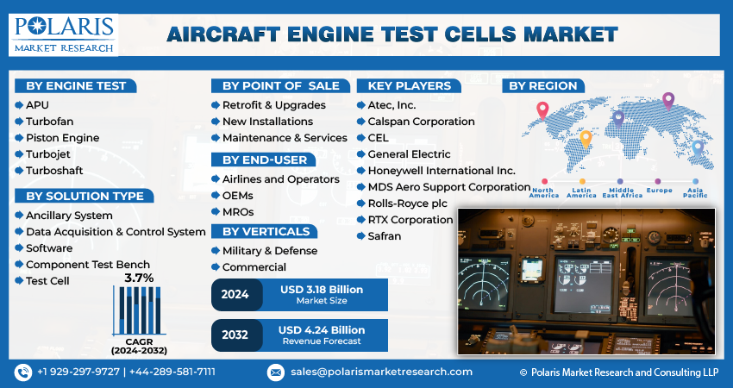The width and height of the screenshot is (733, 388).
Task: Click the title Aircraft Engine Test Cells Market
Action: click(x=392, y=34)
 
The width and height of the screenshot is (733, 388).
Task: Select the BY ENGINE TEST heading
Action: click(x=76, y=85)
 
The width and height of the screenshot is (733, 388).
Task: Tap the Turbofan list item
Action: click(x=50, y=121)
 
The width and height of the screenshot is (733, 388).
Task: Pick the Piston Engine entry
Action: click(x=62, y=138)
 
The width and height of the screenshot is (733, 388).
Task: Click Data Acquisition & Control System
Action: click(x=116, y=231)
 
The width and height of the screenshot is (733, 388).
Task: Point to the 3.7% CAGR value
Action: click(x=139, y=278)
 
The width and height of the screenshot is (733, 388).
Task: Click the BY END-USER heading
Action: click(x=265, y=160)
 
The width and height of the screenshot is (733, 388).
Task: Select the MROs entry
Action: click(x=238, y=211)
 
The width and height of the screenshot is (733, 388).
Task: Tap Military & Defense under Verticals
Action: click(x=269, y=250)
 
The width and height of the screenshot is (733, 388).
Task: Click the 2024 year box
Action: click(x=235, y=294)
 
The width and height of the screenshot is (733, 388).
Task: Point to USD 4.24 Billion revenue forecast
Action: click(x=322, y=330)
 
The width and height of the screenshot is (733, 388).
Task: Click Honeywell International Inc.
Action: click(x=441, y=170)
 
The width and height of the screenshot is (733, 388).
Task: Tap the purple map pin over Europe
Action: click(x=667, y=101)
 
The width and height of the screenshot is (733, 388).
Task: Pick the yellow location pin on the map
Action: click(x=586, y=138)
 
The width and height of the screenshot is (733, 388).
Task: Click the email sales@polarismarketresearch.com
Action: click(x=380, y=372)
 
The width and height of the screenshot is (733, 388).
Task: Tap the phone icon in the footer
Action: click(x=23, y=372)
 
